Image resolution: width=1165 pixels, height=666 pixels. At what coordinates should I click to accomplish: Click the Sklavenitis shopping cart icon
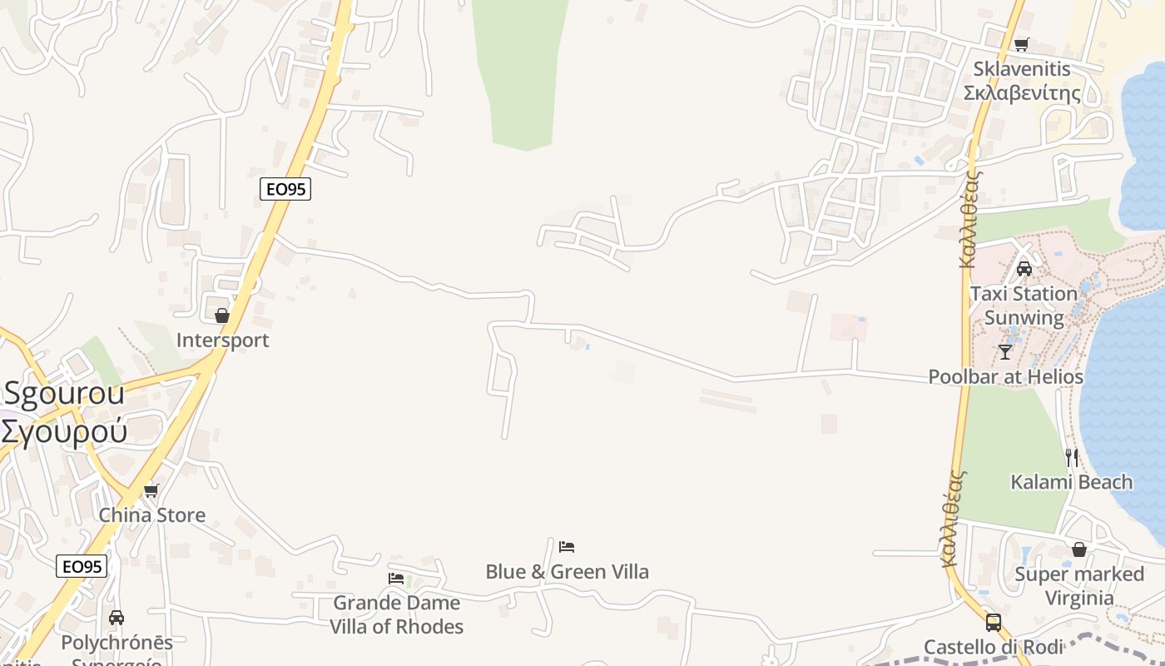(x=1022, y=44)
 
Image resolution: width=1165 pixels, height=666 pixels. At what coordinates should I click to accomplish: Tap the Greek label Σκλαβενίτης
(x=1022, y=92)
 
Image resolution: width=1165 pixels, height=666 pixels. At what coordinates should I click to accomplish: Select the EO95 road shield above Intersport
(x=285, y=189)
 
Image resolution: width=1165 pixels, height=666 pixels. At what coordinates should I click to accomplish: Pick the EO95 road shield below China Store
(x=82, y=567)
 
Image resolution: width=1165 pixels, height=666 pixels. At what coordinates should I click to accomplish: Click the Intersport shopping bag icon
(x=222, y=316)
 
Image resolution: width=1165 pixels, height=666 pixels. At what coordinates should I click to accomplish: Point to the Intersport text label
(x=222, y=340)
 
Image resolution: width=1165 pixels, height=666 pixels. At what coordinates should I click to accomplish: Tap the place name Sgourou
(x=64, y=393)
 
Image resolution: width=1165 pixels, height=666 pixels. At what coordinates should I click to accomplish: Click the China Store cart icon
(x=151, y=490)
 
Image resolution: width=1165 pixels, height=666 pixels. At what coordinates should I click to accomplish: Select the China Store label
(x=152, y=514)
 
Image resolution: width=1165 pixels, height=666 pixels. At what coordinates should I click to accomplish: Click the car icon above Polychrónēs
(x=116, y=618)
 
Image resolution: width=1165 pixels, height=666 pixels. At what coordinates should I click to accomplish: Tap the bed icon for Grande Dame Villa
(x=396, y=578)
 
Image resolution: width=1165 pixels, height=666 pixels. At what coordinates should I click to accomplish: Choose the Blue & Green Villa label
(x=567, y=571)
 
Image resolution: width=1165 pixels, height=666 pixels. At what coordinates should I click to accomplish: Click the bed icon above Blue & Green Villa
(x=567, y=547)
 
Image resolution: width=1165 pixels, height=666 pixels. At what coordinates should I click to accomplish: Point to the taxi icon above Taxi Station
(x=1024, y=269)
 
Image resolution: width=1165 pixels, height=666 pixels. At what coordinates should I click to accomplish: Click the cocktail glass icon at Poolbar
(x=1005, y=351)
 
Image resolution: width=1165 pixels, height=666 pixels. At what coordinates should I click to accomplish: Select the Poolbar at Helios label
(x=1005, y=377)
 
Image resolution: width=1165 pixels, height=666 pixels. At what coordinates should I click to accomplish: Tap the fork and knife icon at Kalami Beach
(x=1072, y=457)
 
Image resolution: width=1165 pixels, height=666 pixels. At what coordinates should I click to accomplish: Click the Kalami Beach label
(x=1072, y=482)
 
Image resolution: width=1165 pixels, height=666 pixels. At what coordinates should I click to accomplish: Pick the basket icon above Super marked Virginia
(x=1079, y=549)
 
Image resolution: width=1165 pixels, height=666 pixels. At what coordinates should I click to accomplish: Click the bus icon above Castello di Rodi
(x=994, y=623)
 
